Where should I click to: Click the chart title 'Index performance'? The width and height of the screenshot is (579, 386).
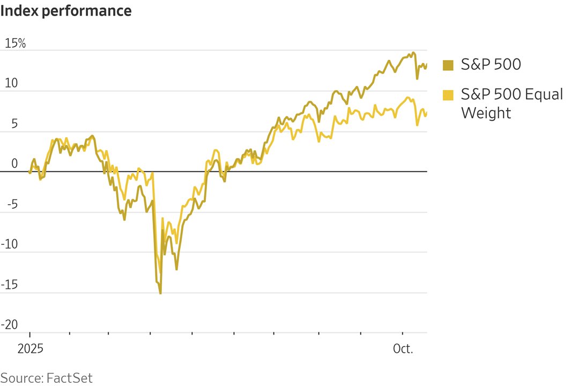[66, 10]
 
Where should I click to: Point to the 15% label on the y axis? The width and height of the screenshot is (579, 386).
[15, 43]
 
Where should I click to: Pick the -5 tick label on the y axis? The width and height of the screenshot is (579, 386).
[12, 204]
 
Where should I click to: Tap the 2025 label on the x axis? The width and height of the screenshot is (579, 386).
[29, 349]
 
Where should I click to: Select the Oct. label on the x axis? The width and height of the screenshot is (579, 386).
[403, 349]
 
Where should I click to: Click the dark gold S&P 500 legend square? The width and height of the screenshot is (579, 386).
[448, 65]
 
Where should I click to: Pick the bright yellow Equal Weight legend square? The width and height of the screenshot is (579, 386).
[448, 95]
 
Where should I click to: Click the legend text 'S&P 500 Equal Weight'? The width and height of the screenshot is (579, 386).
[512, 103]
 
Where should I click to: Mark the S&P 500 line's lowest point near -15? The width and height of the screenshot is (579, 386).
[160, 293]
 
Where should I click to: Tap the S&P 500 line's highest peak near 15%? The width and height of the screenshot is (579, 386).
[413, 53]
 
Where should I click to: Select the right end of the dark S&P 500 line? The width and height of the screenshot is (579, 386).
[427, 64]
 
